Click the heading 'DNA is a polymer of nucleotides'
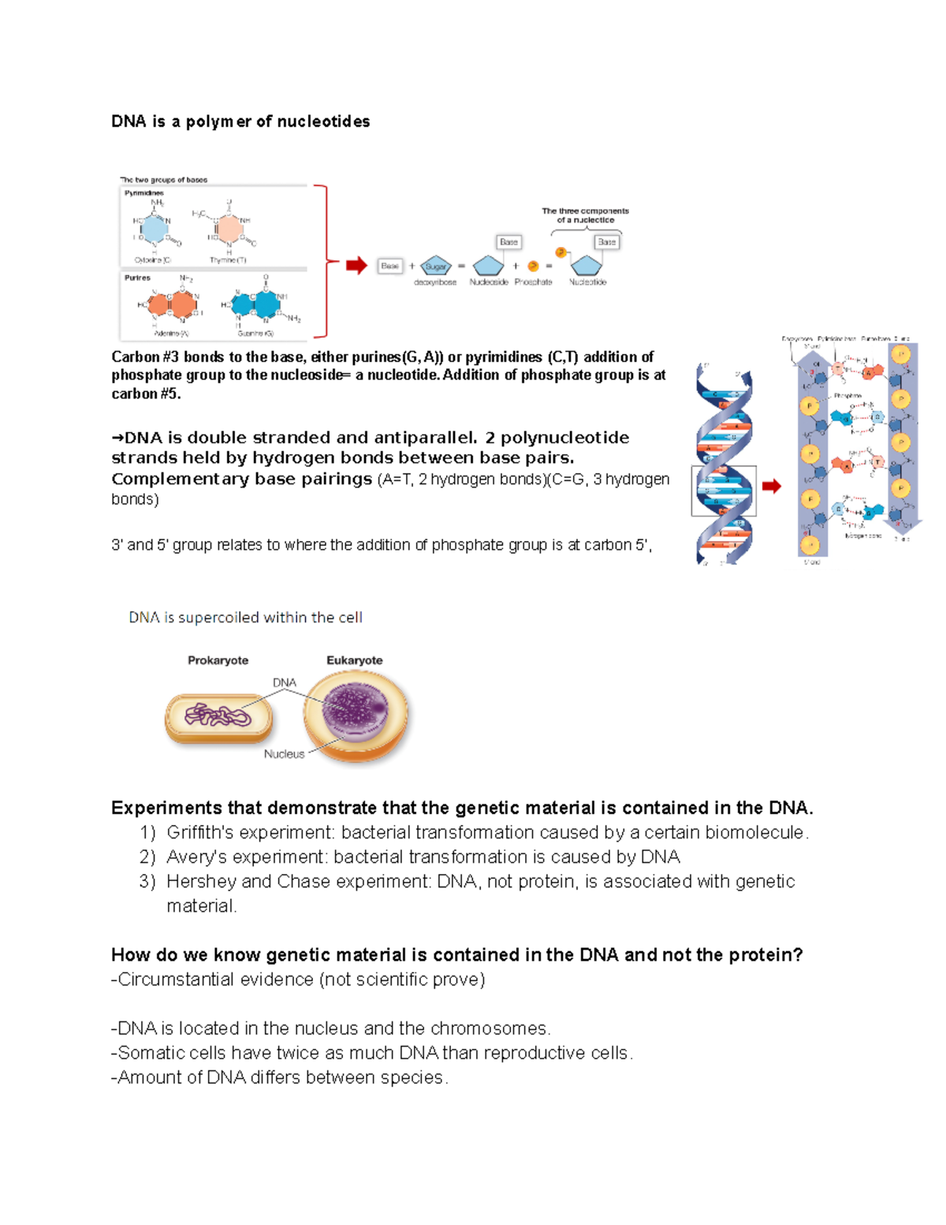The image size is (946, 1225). coord(240,121)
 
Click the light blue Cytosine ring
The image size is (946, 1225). coord(154,229)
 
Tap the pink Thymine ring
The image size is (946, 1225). coord(230,229)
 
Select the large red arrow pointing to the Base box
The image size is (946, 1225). coord(357,266)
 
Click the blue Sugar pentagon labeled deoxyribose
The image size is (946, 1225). coord(435,266)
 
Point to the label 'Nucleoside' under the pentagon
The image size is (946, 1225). coord(489,282)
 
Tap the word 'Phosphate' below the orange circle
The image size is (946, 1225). coord(533,282)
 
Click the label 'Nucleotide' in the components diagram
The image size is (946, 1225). coord(588,282)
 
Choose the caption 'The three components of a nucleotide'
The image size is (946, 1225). coord(585,215)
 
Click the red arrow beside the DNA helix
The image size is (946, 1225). coord(772,486)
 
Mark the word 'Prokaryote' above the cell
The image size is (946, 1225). coord(218,660)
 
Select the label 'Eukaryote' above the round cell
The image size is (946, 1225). coord(355,660)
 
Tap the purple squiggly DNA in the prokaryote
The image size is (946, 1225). coord(218,716)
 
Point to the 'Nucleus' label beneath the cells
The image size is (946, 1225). coord(284,754)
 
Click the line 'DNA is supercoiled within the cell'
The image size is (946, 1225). coord(245,618)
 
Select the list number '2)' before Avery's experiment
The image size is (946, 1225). coord(147,857)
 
